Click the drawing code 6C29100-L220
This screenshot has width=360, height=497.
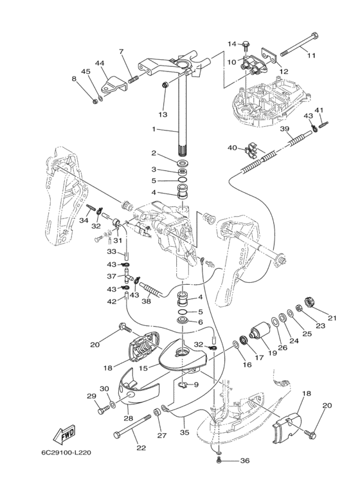click(66, 453)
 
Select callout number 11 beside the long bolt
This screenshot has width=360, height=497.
click(311, 55)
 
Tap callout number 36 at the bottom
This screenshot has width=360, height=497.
click(245, 460)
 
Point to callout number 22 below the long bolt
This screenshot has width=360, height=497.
click(141, 447)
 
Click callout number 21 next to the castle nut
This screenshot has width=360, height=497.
click(332, 318)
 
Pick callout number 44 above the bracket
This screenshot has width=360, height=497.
click(100, 64)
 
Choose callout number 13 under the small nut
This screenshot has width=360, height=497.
click(163, 114)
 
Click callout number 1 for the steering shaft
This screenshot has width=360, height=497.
click(154, 129)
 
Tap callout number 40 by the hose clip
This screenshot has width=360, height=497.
click(233, 148)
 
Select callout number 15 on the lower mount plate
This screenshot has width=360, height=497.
click(143, 368)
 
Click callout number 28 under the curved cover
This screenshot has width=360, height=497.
click(129, 419)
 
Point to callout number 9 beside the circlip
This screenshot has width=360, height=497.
click(196, 384)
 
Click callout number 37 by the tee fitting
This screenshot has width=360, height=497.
click(112, 276)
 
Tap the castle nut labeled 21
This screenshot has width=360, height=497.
click(309, 302)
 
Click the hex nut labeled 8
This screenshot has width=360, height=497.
click(94, 102)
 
